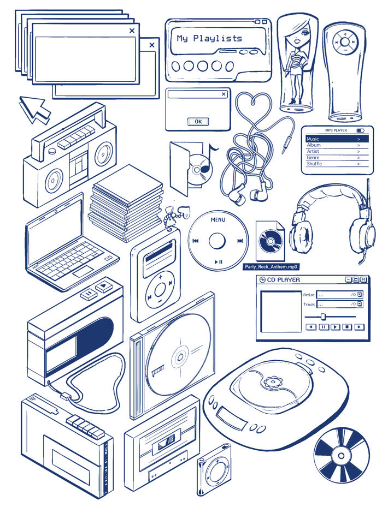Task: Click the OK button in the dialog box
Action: (198, 122)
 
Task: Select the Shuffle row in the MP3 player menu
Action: (337, 164)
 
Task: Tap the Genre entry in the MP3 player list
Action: (337, 158)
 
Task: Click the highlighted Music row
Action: (337, 139)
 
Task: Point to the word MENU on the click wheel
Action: (218, 220)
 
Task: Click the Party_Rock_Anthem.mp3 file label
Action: (271, 267)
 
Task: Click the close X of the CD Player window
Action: (363, 279)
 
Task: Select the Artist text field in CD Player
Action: (339, 295)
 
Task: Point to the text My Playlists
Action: (209, 39)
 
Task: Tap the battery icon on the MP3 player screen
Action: (360, 130)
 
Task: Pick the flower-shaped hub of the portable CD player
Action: (271, 381)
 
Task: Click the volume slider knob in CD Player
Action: (323, 316)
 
